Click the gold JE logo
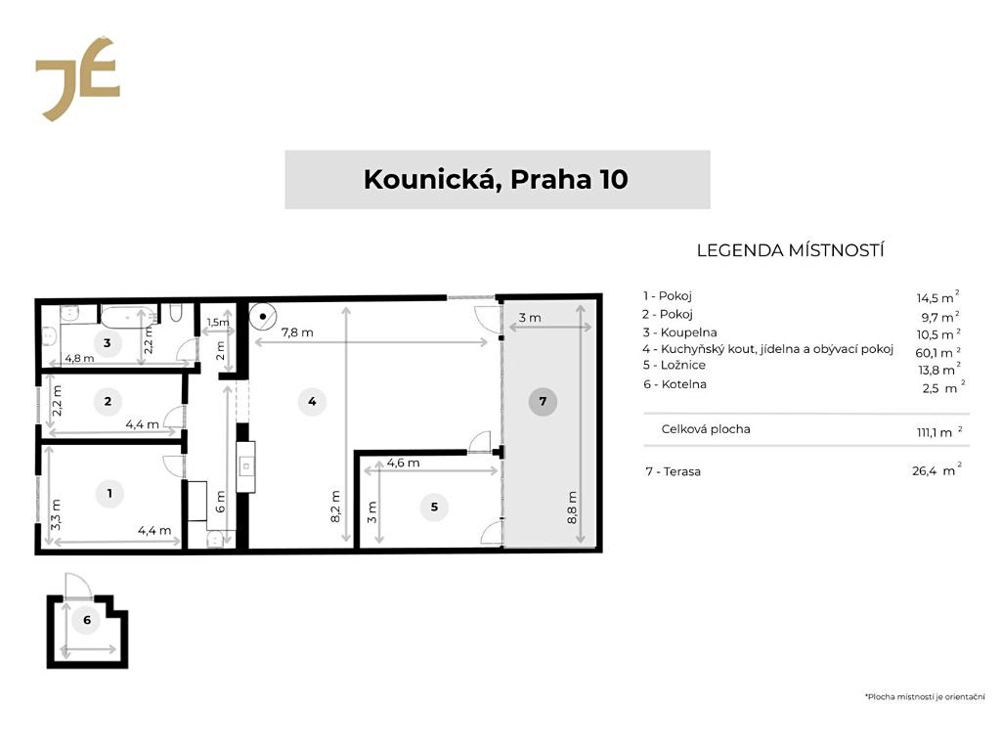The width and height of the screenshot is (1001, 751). (77, 78)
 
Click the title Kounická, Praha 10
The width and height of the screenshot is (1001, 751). (496, 180)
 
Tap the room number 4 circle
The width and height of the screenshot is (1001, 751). (312, 402)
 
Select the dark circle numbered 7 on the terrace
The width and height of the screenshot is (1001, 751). (543, 402)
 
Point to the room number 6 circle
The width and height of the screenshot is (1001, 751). (87, 619)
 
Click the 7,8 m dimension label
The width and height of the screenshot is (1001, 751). (297, 332)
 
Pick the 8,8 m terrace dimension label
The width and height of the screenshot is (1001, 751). (572, 508)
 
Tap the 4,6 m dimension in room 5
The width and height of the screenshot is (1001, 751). (404, 463)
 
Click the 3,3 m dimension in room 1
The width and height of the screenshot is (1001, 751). (56, 514)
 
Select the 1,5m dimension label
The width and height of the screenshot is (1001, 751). (218, 323)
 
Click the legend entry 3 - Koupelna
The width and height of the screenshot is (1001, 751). (680, 332)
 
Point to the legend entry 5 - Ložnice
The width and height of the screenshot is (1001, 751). (675, 366)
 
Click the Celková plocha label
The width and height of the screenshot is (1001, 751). (706, 429)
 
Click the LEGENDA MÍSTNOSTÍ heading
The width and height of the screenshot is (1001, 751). (790, 250)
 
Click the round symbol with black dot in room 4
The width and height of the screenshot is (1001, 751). (262, 316)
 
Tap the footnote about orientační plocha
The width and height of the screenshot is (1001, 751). (925, 696)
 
